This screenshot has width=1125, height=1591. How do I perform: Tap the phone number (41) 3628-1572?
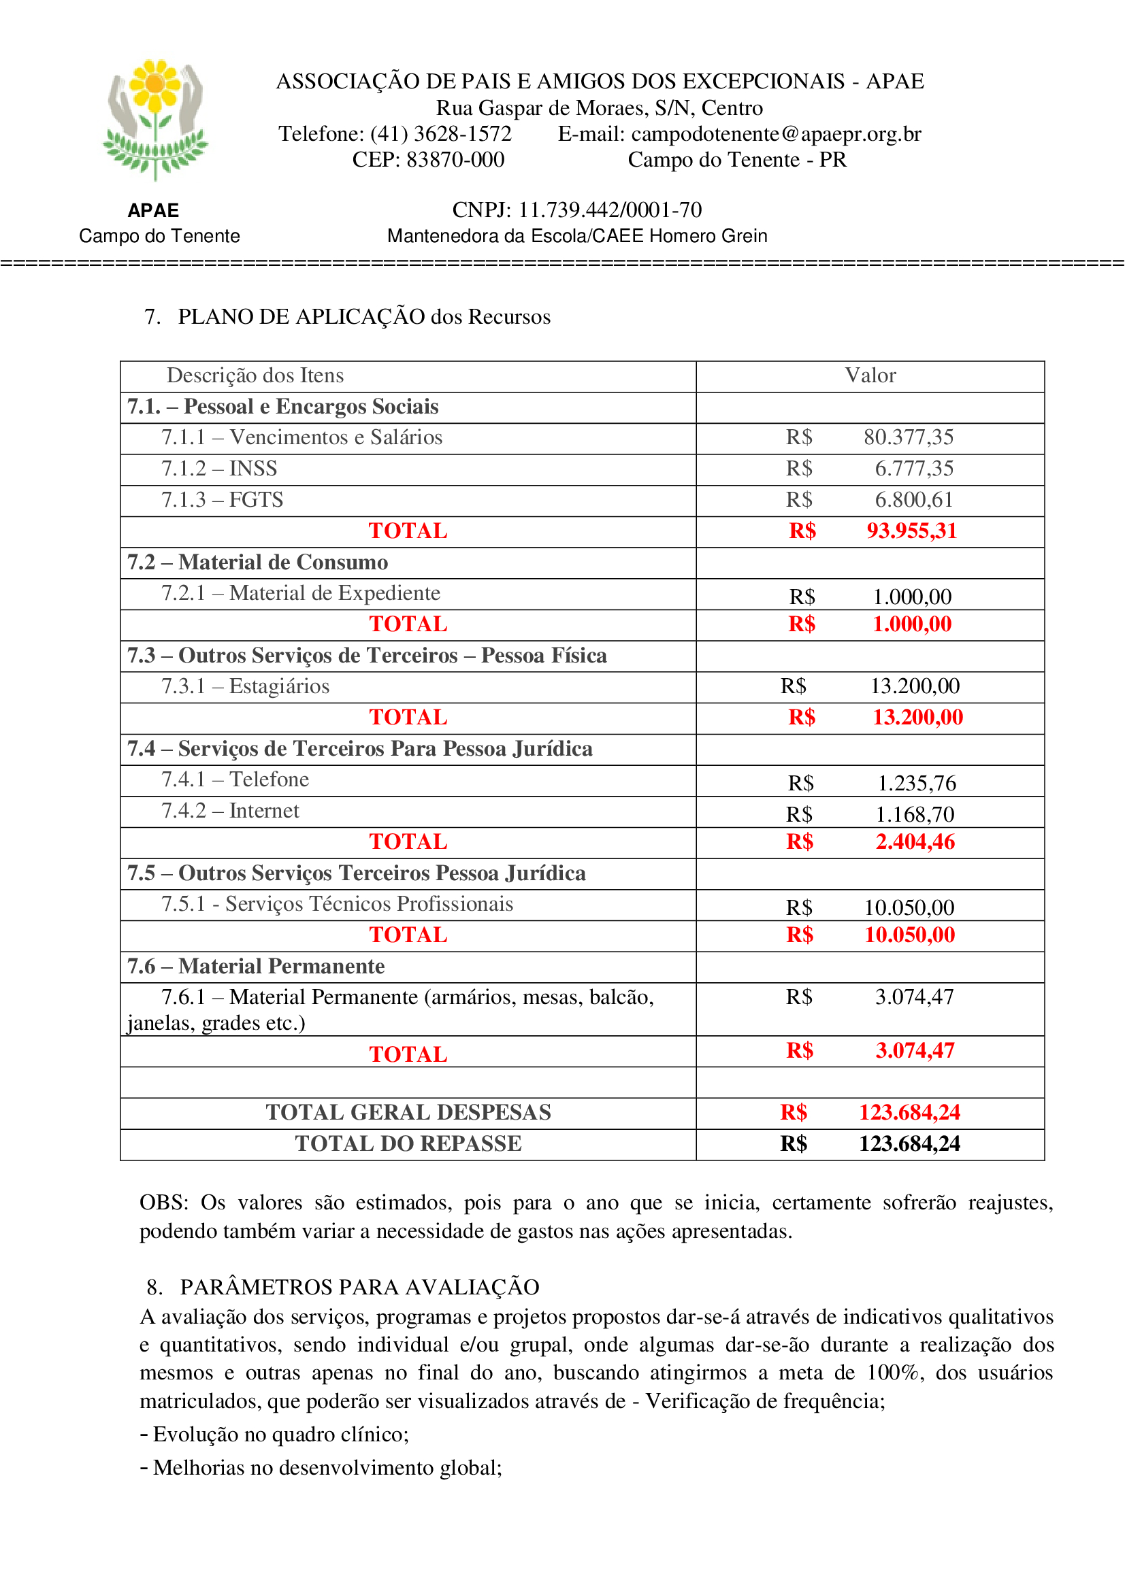[x=441, y=134]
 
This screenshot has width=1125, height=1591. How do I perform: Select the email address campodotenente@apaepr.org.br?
[x=777, y=134]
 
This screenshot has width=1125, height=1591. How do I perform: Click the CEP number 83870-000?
[x=455, y=160]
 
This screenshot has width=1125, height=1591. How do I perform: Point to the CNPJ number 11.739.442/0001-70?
[x=610, y=210]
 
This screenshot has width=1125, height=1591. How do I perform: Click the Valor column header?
[x=870, y=375]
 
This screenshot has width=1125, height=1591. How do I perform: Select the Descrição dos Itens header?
[x=255, y=375]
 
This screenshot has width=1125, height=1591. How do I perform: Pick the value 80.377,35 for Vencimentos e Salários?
[x=908, y=437]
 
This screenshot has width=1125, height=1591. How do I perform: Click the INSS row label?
[x=219, y=469]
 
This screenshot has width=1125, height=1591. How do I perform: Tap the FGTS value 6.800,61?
[x=913, y=500]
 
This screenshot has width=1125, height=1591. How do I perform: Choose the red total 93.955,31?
[x=911, y=531]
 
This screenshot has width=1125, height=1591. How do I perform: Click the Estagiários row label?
[x=246, y=687]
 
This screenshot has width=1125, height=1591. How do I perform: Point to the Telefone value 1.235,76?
[x=916, y=783]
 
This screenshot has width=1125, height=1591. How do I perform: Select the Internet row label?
[x=230, y=811]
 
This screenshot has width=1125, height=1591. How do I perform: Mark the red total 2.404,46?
[x=915, y=842]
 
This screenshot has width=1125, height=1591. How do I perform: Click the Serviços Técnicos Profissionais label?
[x=338, y=904]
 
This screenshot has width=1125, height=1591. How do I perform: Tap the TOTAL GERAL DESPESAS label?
[x=408, y=1112]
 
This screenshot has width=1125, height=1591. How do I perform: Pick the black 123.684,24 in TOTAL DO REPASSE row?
[x=909, y=1143]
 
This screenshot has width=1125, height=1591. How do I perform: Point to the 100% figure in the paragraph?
[x=895, y=1373]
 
